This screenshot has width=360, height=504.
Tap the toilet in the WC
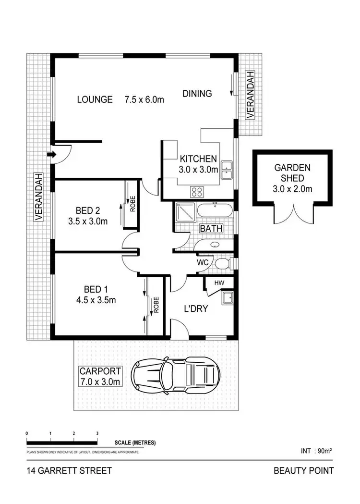pyautogui.click(x=222, y=263)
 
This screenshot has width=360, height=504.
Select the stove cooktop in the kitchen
pyautogui.click(x=197, y=192)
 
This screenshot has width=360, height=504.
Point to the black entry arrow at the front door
pyautogui.click(x=52, y=154)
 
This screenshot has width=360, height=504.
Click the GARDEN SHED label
pyautogui.click(x=292, y=173)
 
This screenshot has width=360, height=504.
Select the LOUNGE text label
pyautogui.click(x=95, y=99)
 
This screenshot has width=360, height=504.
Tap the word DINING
pyautogui.click(x=197, y=94)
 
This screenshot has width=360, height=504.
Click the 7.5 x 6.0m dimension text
pyautogui.click(x=144, y=100)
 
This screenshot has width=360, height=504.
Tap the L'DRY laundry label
pyautogui.click(x=196, y=308)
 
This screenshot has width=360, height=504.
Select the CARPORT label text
pyautogui.click(x=100, y=371)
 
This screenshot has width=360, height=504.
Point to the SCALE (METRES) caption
pyautogui.click(x=135, y=443)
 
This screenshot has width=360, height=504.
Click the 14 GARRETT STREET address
pyautogui.click(x=69, y=470)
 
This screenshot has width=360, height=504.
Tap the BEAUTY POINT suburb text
pyautogui.click(x=303, y=470)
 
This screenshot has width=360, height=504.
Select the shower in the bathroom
pyautogui.click(x=185, y=211)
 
